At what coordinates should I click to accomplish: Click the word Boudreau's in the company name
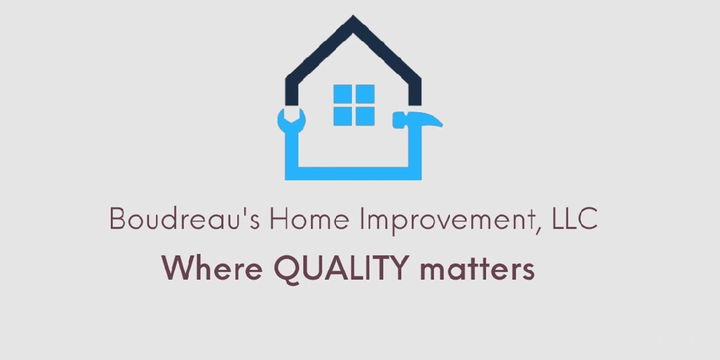click(185, 218)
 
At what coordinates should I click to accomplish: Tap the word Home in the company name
click(309, 218)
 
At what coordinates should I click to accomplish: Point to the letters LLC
click(575, 218)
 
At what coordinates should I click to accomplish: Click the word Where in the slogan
click(213, 268)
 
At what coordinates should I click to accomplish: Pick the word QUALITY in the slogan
click(341, 269)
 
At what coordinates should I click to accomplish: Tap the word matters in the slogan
click(477, 269)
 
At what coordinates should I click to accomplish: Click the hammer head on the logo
click(418, 120)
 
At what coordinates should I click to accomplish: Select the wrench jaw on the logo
click(291, 120)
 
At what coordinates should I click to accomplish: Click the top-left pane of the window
click(343, 94)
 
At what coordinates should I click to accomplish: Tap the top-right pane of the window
click(365, 94)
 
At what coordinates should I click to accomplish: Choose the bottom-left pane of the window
click(343, 116)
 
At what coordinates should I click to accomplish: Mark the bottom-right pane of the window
click(365, 116)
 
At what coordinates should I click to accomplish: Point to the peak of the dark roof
click(353, 16)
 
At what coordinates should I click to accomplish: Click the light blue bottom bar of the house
click(353, 174)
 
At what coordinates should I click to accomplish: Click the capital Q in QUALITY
click(287, 269)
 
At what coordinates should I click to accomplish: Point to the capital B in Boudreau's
click(117, 218)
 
